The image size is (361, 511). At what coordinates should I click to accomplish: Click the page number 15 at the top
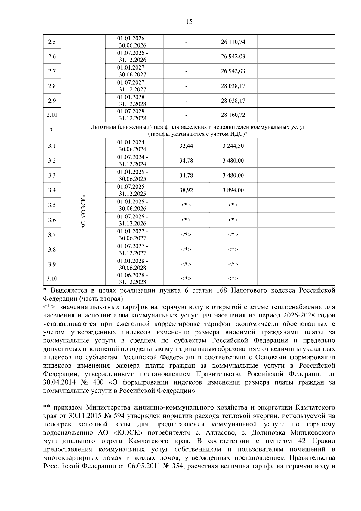[189, 22]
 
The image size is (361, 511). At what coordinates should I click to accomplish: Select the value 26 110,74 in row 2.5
[233, 42]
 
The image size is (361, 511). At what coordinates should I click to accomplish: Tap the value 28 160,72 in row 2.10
[233, 115]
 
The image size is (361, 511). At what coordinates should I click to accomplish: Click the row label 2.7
[52, 71]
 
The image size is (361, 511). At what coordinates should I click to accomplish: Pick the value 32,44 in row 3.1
[186, 146]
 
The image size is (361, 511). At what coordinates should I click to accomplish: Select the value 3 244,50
[233, 146]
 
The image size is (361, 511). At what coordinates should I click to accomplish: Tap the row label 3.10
[52, 279]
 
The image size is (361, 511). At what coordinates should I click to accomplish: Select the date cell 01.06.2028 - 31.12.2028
[133, 279]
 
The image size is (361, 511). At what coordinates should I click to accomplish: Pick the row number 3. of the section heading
[52, 130]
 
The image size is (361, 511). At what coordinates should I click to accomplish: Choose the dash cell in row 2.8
[186, 86]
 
